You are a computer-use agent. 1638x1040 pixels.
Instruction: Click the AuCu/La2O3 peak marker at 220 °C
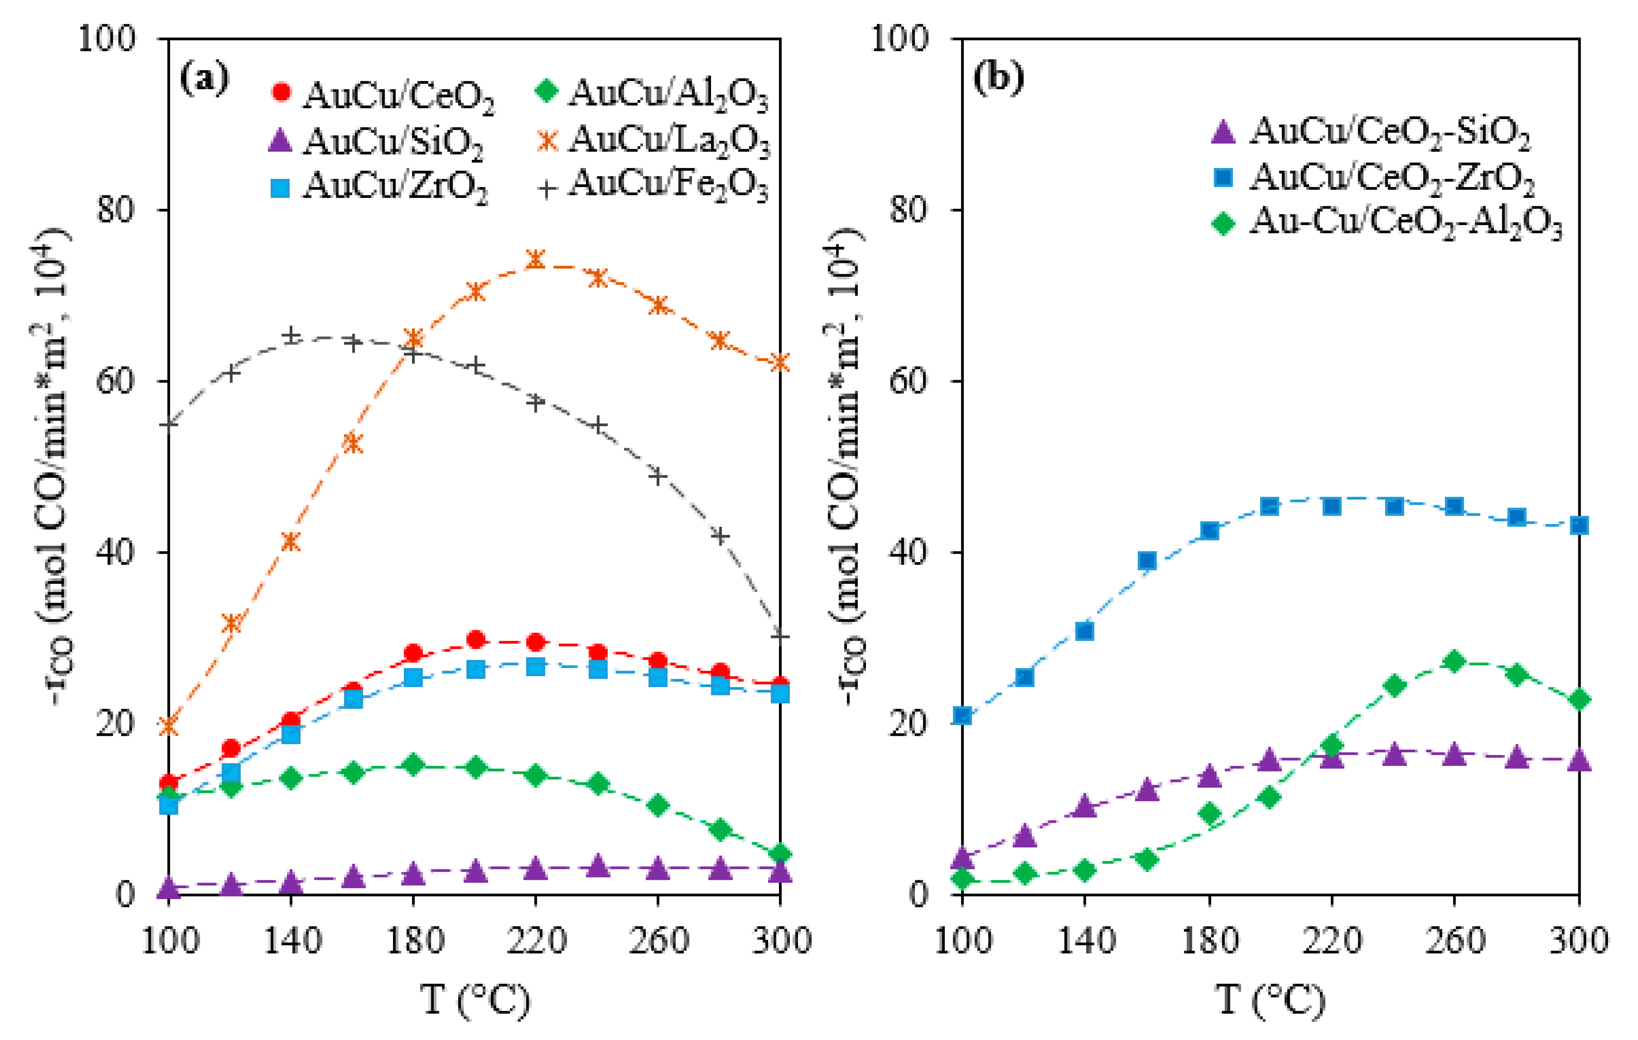535,259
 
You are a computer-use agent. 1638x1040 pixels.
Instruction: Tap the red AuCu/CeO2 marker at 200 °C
476,639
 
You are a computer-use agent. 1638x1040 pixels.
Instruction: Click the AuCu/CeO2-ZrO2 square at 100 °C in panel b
962,715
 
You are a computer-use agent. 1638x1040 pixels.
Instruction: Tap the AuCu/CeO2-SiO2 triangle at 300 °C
1579,759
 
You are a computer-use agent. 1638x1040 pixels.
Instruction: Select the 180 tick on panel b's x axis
1209,941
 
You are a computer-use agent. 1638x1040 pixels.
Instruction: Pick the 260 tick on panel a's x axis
657,941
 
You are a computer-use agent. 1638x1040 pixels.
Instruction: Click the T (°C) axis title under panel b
1269,1000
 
